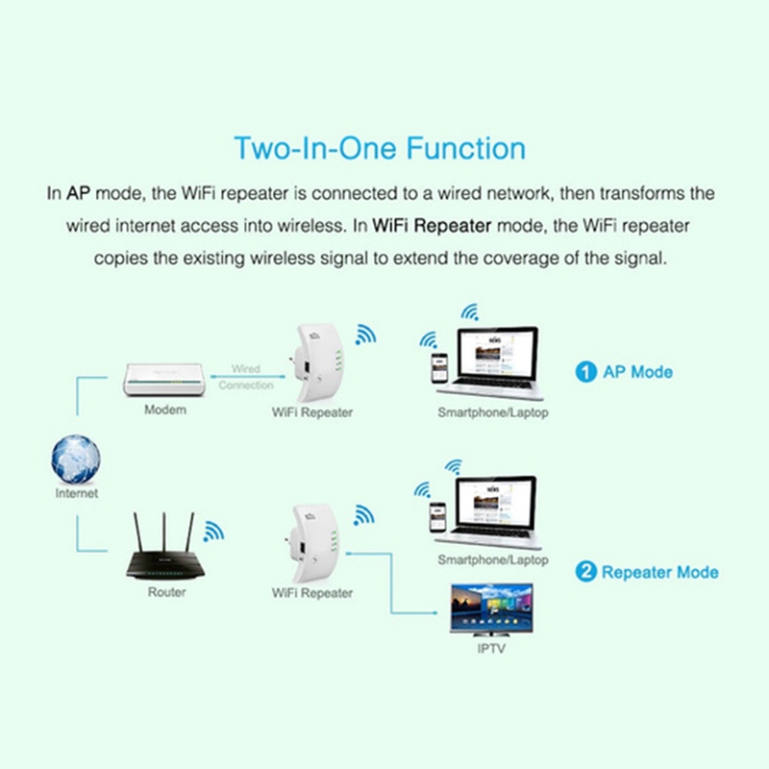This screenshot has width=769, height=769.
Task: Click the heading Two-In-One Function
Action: pos(380,149)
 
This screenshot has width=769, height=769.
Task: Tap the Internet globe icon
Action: pos(76,459)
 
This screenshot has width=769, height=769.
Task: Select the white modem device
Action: pos(163,380)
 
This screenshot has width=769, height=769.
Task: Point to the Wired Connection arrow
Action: pos(248,377)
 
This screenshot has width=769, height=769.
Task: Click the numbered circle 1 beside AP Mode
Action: pos(585,372)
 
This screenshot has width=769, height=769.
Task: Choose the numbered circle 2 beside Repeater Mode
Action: pos(585,572)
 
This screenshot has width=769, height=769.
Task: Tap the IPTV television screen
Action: pos(491,609)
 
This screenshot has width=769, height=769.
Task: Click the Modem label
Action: pos(165,410)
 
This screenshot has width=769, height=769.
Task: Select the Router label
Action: pos(166,592)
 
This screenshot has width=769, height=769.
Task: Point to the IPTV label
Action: pos(491,649)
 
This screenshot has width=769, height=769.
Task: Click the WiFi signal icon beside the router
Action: pos(213,532)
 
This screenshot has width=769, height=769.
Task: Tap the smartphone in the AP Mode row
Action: pos(439,368)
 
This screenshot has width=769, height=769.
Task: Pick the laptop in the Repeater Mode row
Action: pos(489,512)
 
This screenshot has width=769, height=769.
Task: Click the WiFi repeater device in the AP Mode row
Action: pos(317,362)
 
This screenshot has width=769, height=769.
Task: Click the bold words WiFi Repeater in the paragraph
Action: pos(432,226)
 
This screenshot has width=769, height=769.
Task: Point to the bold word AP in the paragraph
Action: pos(79,194)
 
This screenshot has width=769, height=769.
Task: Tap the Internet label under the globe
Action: pos(77,493)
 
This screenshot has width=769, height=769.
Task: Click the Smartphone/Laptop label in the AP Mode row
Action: pos(493,413)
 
